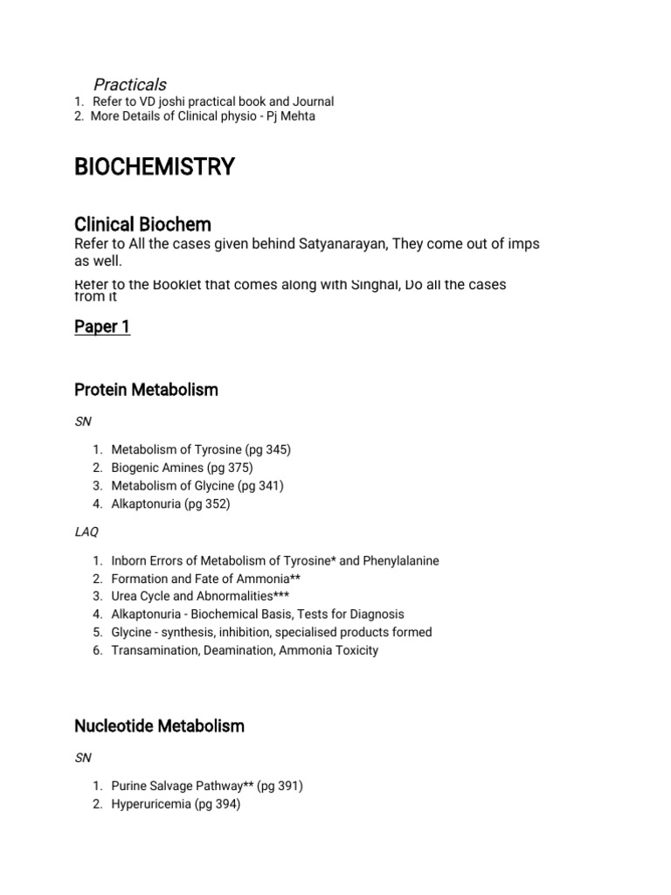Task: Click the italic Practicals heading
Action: click(129, 84)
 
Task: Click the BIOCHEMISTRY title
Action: click(155, 166)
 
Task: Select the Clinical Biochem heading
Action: click(142, 224)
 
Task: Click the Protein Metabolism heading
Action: click(146, 390)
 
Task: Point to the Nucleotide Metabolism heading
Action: click(159, 725)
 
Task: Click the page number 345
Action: click(276, 449)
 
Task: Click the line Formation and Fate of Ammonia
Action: click(207, 579)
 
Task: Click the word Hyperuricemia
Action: click(150, 804)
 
